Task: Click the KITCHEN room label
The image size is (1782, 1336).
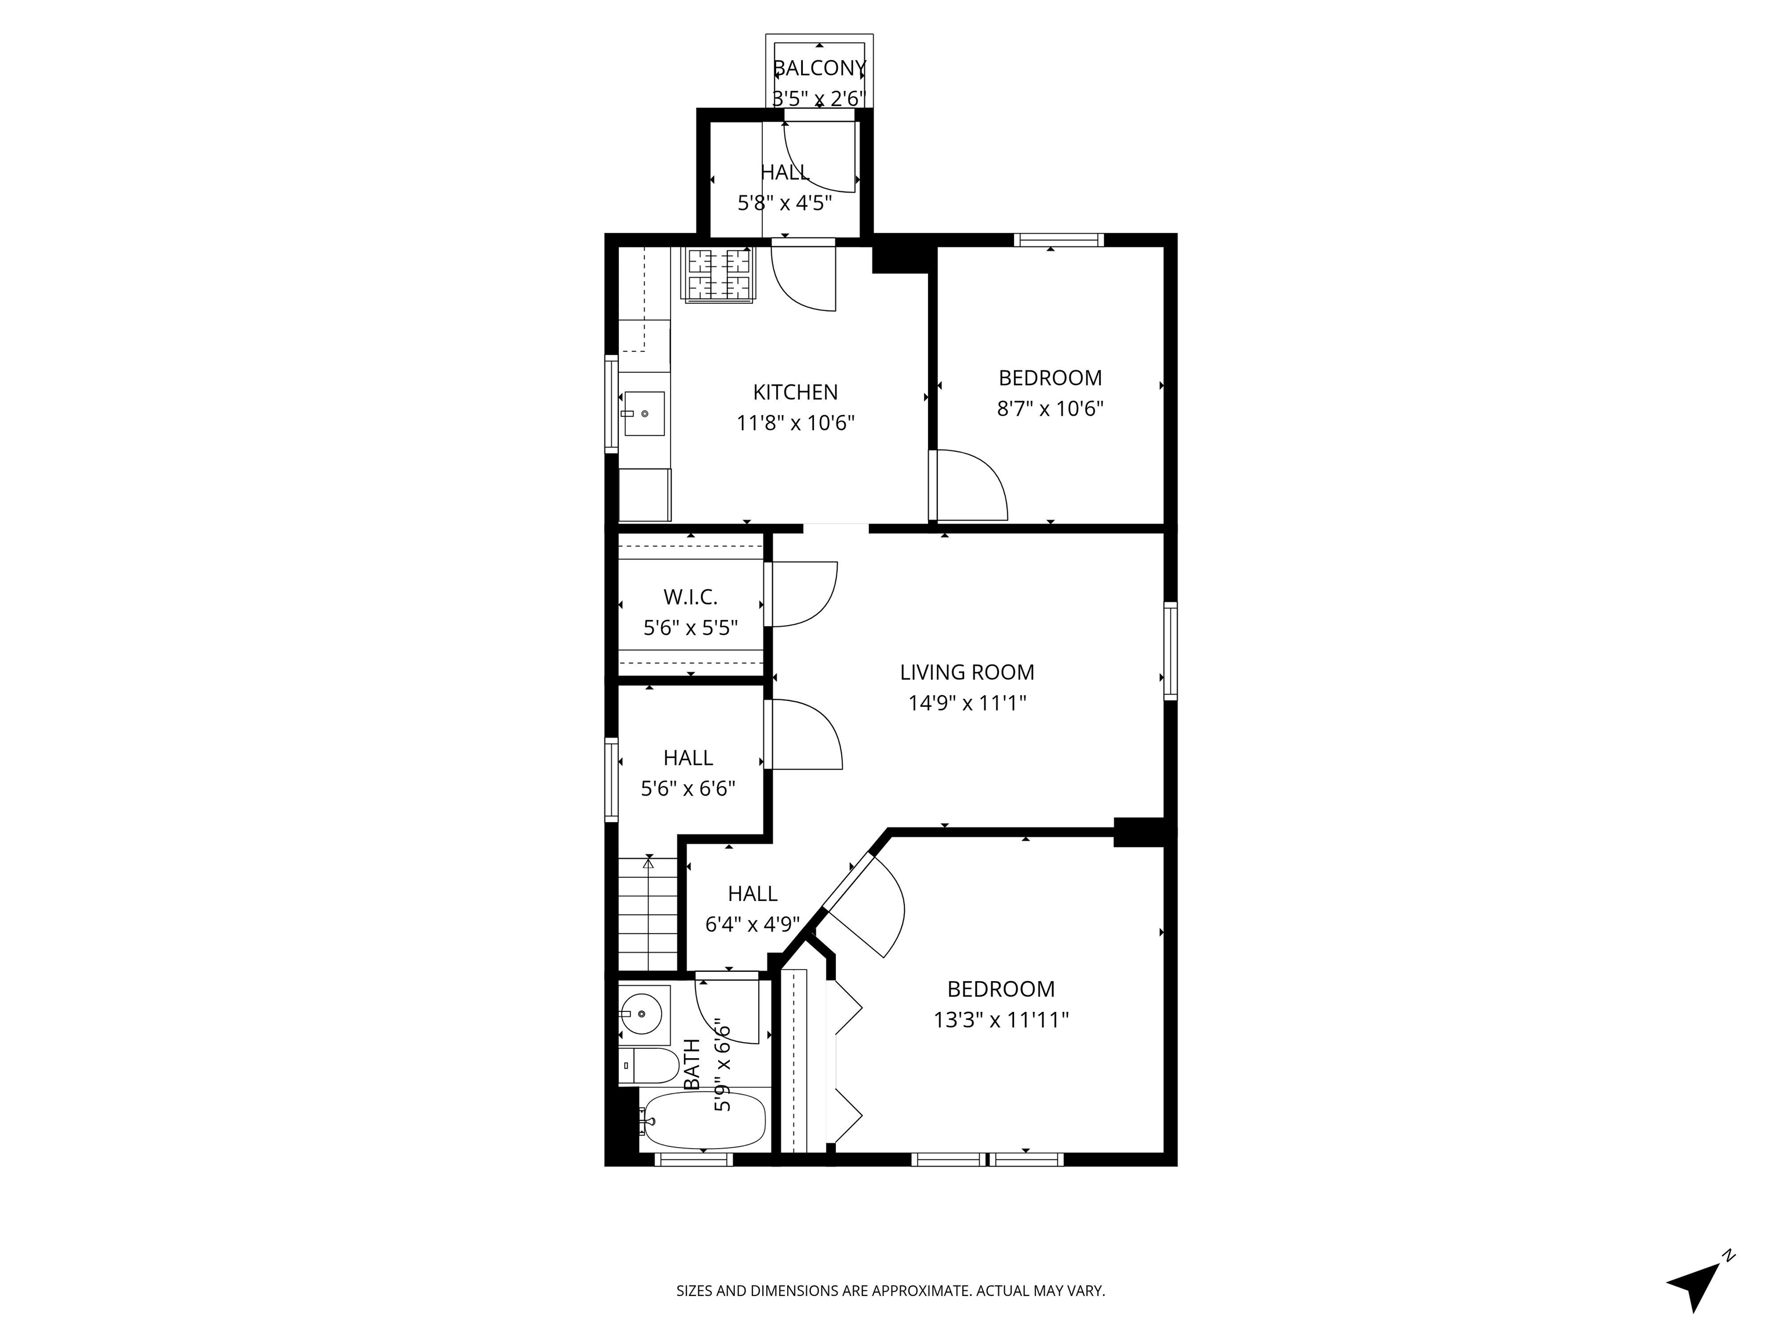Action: tap(795, 392)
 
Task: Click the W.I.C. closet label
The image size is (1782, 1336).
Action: tap(690, 597)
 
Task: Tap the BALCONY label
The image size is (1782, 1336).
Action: tap(819, 68)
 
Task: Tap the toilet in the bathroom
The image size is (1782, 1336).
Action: tap(650, 1065)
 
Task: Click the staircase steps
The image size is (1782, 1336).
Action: tap(648, 914)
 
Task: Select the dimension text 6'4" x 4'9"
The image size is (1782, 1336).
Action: tap(752, 924)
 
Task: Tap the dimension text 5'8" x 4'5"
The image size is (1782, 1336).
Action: tap(785, 202)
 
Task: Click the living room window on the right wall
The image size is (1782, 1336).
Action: tap(1171, 650)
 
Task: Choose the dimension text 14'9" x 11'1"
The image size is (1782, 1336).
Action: tap(967, 703)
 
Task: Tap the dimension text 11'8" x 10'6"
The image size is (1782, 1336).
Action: tap(795, 423)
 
